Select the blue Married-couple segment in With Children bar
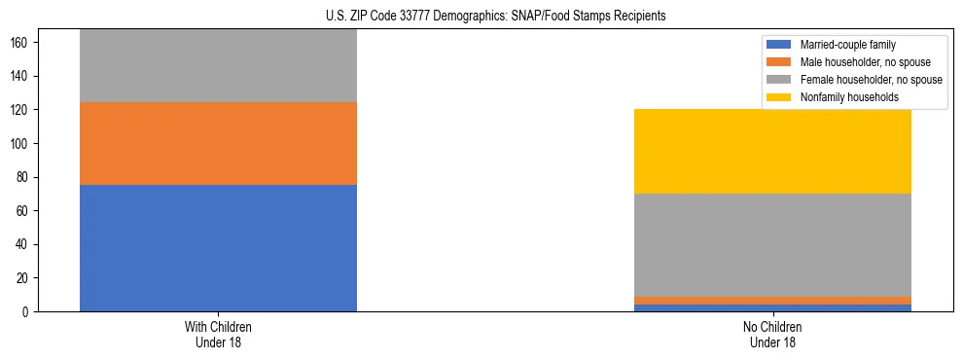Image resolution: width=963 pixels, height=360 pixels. (218, 248)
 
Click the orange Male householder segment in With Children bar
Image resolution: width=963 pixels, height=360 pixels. (218, 143)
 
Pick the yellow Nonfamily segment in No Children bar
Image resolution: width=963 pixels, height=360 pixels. (772, 151)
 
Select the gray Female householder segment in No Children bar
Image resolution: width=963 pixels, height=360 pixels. (772, 245)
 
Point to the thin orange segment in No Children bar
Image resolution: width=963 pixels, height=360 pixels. (772, 301)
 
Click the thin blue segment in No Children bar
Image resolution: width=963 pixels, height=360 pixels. (772, 307)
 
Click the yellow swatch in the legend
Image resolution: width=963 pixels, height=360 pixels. (779, 97)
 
